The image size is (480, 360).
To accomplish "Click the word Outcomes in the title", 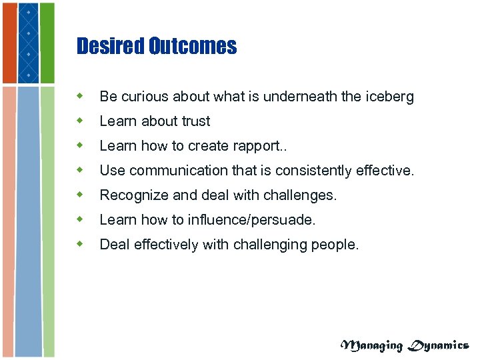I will coord(193,46).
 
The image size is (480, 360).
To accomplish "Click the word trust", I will coord(196,122).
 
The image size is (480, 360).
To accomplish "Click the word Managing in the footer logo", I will coord(372,345).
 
